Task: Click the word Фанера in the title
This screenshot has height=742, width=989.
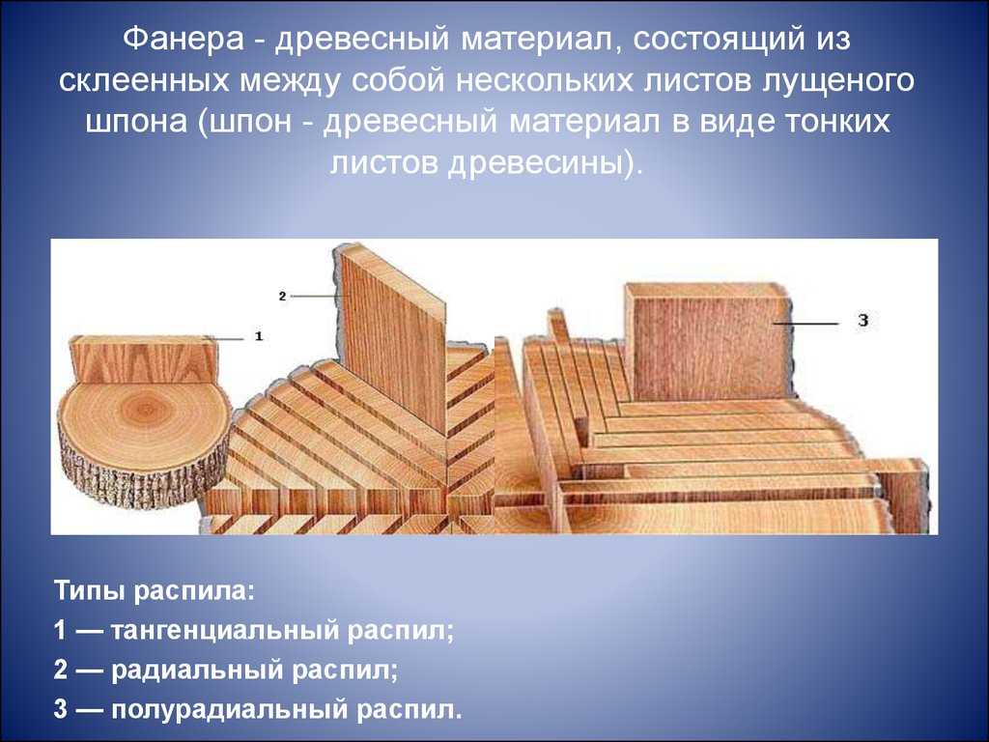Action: [x=184, y=39]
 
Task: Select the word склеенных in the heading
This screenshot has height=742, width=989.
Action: [x=144, y=81]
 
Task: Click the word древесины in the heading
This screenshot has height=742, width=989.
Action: [x=539, y=162]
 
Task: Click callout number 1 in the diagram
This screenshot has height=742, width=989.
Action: [x=259, y=336]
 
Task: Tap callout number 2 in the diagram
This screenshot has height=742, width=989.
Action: [x=283, y=296]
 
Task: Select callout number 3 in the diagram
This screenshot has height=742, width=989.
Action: [x=863, y=321]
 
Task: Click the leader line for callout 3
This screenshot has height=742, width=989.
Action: [x=806, y=323]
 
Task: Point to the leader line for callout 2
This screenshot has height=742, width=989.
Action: [x=317, y=296]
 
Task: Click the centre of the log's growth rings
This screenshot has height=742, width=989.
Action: [x=145, y=409]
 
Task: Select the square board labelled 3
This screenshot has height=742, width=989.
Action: [x=710, y=344]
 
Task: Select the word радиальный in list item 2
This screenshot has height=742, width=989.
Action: [x=196, y=671]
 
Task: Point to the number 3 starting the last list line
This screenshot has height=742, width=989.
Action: [x=61, y=709]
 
